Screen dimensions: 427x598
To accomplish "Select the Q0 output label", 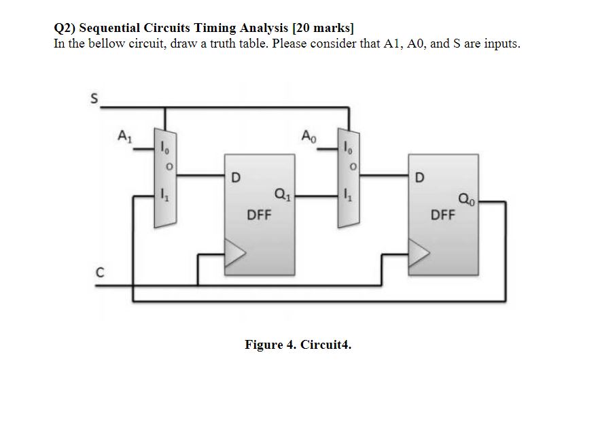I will click(x=467, y=199).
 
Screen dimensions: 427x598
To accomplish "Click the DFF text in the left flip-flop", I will click(x=259, y=216).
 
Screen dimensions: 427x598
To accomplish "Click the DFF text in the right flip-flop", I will click(x=444, y=216).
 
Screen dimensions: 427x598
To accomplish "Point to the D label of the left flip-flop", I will click(x=235, y=179).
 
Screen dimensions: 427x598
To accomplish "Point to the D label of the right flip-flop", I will click(x=419, y=179).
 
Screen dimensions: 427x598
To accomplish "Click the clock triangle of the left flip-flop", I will click(x=234, y=255).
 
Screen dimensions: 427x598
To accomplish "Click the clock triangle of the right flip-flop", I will click(x=419, y=255).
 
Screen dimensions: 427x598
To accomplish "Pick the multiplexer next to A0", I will click(x=349, y=178).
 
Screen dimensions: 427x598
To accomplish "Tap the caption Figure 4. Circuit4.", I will click(x=298, y=345).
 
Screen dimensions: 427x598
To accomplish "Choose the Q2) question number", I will click(x=65, y=28).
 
